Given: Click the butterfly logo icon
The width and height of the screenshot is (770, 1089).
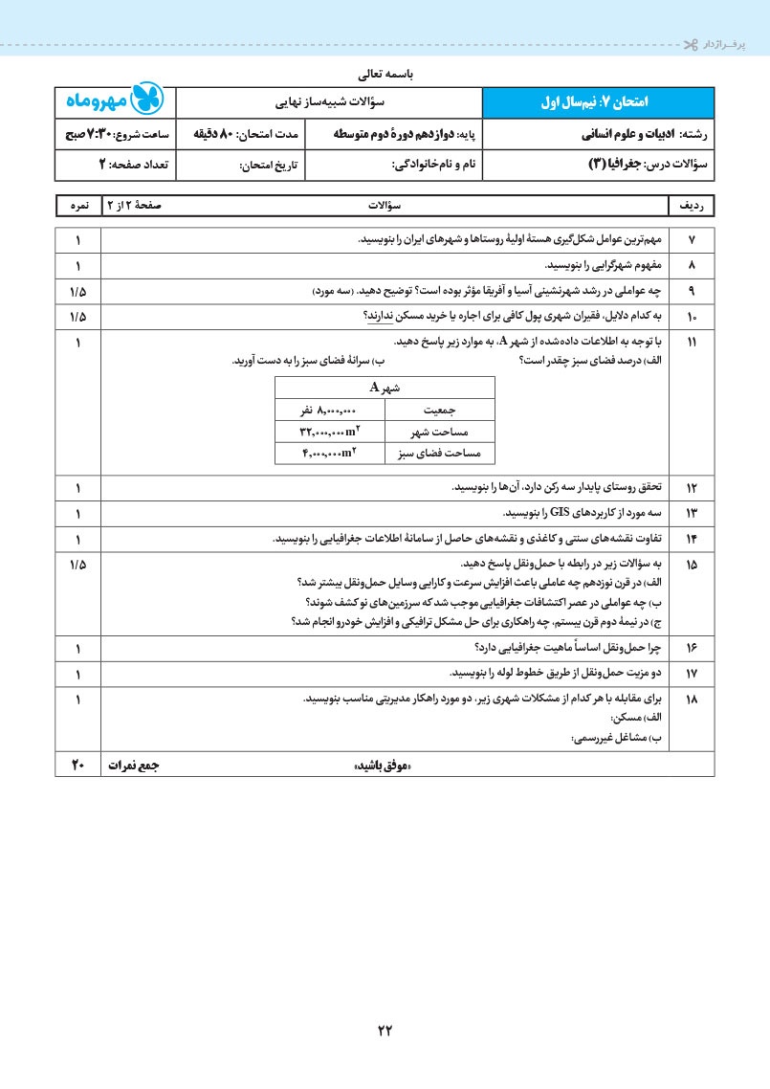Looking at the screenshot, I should point(146,100).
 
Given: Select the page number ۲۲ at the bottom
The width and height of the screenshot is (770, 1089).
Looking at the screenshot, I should point(385,1031).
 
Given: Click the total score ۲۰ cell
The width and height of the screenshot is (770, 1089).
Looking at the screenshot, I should point(77,765).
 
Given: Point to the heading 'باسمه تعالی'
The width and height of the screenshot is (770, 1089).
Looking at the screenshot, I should point(385,73).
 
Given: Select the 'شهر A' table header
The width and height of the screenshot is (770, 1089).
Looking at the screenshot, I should point(385,388).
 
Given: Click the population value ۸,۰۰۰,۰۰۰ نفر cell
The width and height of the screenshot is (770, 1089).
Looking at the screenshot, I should point(330,410).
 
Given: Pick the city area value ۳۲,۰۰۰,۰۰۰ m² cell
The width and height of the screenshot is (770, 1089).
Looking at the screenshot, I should point(330,432).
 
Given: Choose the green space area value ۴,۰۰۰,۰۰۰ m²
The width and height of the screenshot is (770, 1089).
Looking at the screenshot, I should point(330,453).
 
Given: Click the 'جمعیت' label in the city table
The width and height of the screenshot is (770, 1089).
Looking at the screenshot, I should point(439,410).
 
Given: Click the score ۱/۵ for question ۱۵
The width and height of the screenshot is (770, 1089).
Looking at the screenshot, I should point(77,565).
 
